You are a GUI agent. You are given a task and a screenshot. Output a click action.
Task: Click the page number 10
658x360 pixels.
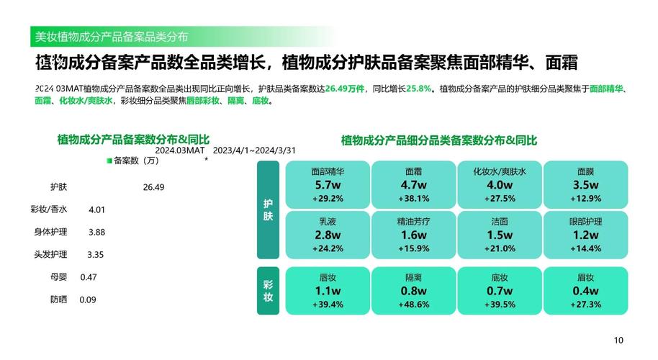(618, 341)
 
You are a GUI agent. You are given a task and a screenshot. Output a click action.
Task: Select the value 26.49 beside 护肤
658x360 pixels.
(153, 187)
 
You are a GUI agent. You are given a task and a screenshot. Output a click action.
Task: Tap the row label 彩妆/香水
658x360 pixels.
(49, 209)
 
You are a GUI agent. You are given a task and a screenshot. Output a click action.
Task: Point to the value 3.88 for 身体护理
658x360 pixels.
(96, 232)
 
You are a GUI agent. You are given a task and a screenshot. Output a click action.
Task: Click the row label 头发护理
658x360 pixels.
(50, 254)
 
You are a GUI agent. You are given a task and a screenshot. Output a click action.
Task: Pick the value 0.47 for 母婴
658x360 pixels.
(89, 277)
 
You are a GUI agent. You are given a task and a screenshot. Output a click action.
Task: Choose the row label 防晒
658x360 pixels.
(59, 300)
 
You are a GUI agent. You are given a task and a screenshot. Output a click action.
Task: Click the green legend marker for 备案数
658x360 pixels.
(109, 161)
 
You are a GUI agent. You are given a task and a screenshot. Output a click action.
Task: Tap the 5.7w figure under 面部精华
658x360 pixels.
(328, 184)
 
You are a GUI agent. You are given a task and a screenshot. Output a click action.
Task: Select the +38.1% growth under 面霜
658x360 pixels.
(414, 199)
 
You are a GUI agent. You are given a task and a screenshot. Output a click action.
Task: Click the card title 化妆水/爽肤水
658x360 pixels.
(500, 171)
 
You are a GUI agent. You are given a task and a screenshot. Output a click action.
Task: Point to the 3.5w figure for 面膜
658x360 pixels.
(586, 184)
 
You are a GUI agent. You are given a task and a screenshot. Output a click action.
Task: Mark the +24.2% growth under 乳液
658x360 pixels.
(328, 248)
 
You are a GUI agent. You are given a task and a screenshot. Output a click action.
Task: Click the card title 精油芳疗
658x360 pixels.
(414, 221)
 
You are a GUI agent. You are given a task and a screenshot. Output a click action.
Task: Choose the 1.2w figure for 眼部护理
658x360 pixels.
(586, 235)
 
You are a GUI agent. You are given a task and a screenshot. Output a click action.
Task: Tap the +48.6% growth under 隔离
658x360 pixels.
(414, 304)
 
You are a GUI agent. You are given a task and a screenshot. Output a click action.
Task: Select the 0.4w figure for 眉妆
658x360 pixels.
(586, 291)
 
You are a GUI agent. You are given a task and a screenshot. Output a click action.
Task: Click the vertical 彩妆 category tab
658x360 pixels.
(268, 291)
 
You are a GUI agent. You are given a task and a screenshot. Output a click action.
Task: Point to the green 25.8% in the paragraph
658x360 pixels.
(419, 89)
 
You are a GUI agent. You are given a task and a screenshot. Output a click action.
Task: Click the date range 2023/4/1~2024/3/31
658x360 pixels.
(254, 150)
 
